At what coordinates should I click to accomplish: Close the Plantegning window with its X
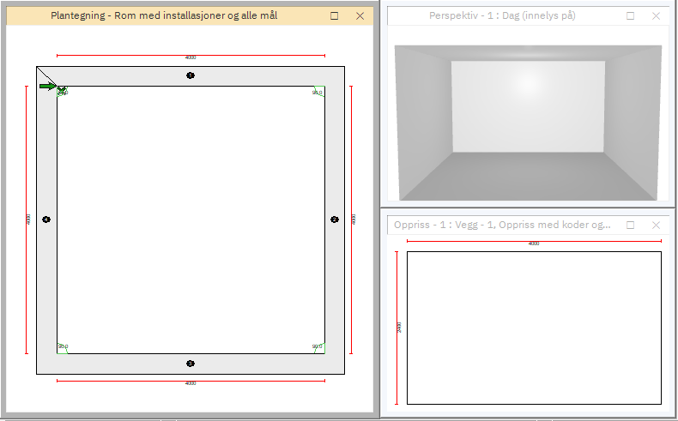(360, 16)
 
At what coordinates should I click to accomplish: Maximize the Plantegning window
(335, 16)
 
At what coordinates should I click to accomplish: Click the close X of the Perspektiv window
(656, 16)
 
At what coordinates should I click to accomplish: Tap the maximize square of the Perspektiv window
(631, 16)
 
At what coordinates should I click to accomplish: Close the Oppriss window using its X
(656, 225)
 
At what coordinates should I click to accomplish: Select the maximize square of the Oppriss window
(631, 225)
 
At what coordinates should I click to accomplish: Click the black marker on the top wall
(191, 76)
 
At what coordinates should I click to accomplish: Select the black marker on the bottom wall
(191, 364)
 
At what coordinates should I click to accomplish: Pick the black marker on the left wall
(46, 220)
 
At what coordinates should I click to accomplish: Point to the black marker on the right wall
(336, 220)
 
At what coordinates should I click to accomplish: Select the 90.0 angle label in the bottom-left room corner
(63, 346)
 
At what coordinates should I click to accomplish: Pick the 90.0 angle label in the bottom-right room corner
(317, 346)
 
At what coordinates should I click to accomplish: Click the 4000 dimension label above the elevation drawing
(534, 244)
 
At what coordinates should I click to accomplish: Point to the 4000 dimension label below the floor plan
(190, 383)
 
